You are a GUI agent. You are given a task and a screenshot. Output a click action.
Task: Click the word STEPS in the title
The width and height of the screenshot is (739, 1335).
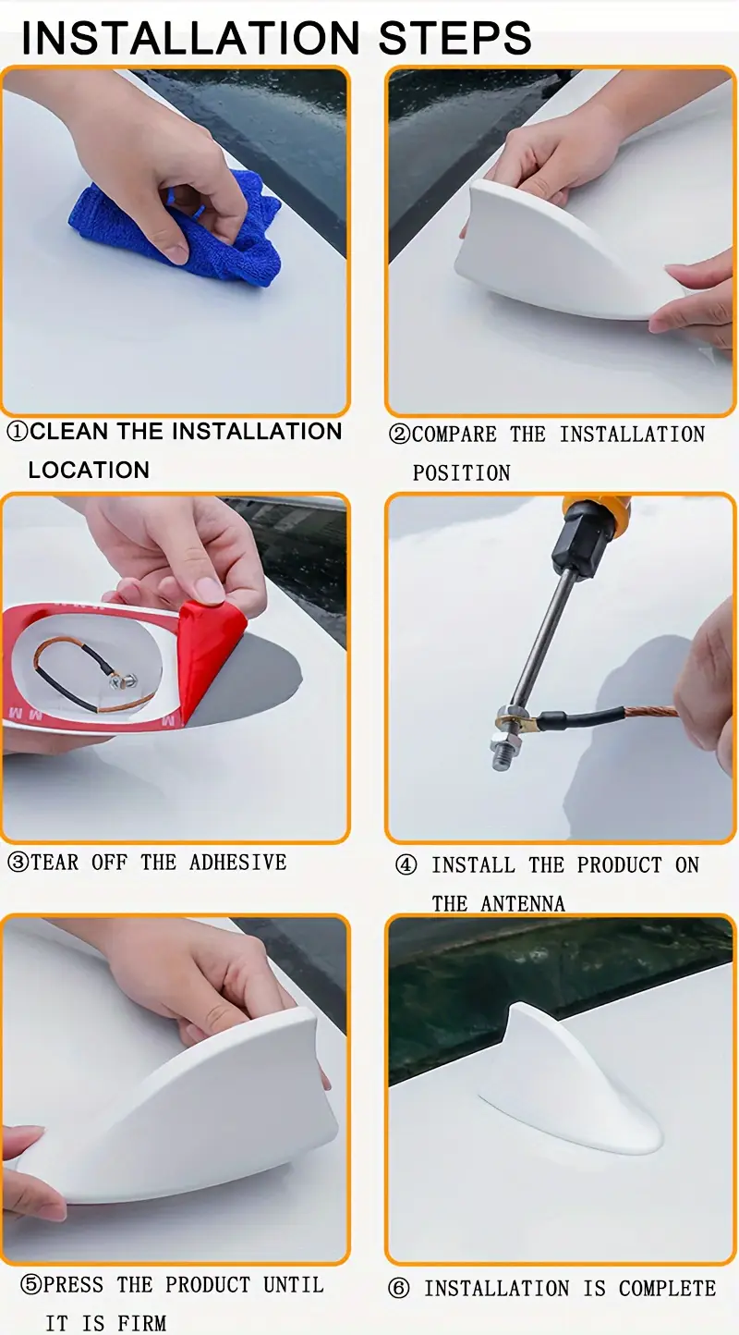click(454, 38)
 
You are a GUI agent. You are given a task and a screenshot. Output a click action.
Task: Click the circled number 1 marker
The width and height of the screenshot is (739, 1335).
click(18, 431)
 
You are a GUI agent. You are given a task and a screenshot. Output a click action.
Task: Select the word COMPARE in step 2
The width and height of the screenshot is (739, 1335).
click(454, 435)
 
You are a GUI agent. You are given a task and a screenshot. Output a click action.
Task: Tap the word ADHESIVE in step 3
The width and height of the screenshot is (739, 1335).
click(237, 863)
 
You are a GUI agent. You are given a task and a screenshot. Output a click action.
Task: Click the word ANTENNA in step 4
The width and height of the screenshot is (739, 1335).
click(522, 904)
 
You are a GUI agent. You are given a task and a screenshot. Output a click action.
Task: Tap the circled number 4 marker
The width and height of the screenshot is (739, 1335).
click(406, 865)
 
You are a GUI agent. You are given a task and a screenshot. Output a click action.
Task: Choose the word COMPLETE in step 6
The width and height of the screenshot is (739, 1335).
click(667, 1289)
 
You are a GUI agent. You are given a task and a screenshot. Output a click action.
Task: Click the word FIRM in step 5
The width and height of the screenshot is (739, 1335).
click(141, 1324)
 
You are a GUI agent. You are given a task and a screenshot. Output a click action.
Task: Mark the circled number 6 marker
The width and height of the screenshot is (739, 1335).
click(398, 1289)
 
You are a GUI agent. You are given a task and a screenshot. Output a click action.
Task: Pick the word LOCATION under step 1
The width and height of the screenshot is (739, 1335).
click(89, 471)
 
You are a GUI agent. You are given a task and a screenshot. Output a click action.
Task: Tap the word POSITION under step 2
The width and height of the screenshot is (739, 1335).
click(462, 473)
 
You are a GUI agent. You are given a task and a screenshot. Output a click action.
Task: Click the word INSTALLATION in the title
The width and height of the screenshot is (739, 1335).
click(190, 38)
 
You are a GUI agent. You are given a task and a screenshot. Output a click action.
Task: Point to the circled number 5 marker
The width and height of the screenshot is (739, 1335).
click(30, 1285)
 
